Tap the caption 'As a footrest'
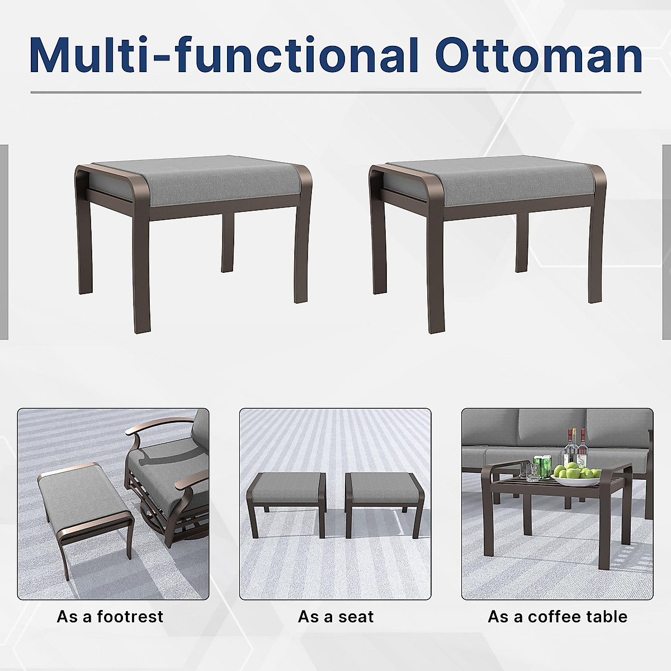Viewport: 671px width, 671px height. point(110,617)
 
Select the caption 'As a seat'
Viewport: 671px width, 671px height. point(335,617)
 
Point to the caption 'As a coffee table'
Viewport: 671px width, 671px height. point(557,617)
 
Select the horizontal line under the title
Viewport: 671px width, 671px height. point(335,92)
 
